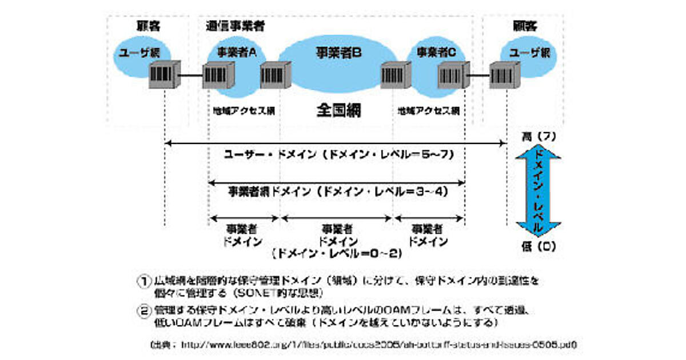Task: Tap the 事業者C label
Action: click(435, 51)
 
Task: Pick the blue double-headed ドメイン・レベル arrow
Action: click(538, 191)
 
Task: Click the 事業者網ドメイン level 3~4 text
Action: click(337, 191)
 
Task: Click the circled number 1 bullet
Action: click(143, 282)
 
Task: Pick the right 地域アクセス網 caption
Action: click(428, 110)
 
